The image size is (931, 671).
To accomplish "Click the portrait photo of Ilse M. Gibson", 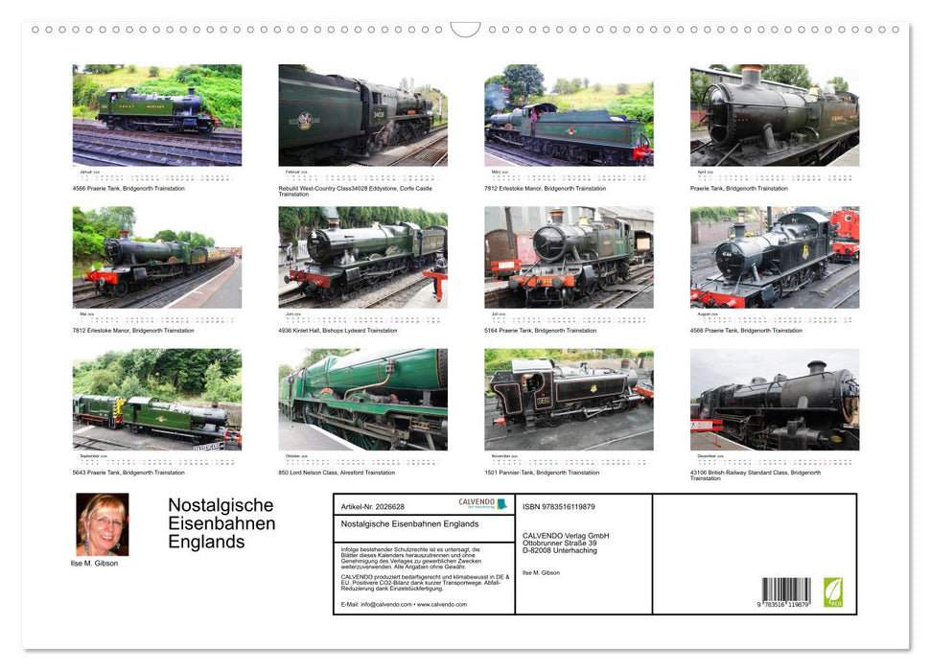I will click(102, 524).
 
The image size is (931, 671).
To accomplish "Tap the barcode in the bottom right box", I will click(786, 590).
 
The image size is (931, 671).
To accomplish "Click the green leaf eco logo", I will click(833, 591).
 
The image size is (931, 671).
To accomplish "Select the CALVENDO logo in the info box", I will click(482, 504).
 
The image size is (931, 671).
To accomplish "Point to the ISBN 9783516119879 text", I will click(558, 506).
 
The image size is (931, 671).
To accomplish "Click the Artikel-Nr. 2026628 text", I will click(373, 506).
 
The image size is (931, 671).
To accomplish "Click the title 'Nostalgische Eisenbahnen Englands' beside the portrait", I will click(221, 523).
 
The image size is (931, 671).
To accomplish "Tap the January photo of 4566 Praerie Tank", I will click(157, 115).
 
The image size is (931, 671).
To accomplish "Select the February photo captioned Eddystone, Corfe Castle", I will click(362, 115).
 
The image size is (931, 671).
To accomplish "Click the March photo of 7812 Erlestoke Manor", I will click(569, 115).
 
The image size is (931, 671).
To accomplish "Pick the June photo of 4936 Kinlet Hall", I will click(362, 257).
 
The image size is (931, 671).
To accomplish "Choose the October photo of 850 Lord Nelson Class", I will click(362, 399).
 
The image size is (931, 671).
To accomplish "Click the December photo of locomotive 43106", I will click(775, 399).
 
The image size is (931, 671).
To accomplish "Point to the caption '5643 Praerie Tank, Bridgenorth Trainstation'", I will click(128, 473).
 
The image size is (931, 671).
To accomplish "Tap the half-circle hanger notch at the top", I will click(465, 30).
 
